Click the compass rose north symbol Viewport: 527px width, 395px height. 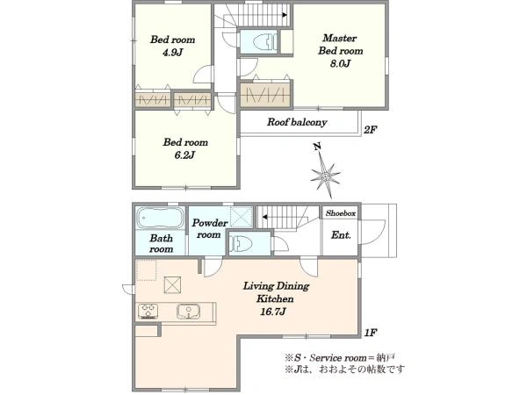point(325,171)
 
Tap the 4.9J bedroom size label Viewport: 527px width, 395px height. point(172,53)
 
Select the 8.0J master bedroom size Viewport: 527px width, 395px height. point(340,63)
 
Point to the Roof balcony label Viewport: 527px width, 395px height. point(297,122)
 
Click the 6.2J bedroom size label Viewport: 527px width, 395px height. point(185,155)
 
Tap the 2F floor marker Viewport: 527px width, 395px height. point(370,130)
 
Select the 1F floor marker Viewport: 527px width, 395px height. point(371,333)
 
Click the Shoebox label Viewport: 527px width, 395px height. point(340,213)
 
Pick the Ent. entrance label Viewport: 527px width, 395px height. point(341,235)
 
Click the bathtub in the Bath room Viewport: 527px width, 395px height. point(160,218)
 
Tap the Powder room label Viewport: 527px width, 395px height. point(209,229)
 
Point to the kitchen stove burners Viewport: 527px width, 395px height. point(148,311)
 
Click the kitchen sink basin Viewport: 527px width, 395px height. point(189,311)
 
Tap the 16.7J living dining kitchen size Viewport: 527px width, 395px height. point(273,312)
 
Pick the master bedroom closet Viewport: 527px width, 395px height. point(266,94)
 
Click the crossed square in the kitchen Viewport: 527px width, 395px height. point(172,284)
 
